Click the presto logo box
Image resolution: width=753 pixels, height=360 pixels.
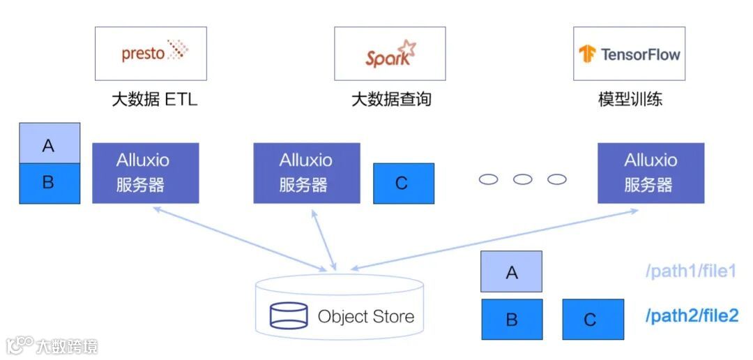(x=151, y=53)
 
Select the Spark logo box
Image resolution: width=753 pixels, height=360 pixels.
(x=390, y=53)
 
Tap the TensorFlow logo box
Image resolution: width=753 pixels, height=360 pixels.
(x=629, y=53)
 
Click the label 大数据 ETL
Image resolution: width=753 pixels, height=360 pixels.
(x=154, y=99)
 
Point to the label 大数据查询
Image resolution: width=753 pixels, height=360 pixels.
(x=390, y=99)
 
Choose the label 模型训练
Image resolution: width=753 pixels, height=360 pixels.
(x=630, y=99)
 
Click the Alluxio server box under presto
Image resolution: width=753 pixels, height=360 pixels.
(x=145, y=173)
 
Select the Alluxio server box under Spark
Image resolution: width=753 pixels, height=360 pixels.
(x=306, y=173)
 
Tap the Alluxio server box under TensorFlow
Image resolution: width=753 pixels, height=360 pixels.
(x=651, y=173)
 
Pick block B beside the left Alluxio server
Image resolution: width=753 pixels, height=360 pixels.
(x=50, y=183)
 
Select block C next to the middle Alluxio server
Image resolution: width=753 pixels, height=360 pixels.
(x=403, y=183)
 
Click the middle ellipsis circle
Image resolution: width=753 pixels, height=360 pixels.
(x=522, y=179)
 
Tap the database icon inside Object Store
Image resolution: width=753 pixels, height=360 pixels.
(x=289, y=316)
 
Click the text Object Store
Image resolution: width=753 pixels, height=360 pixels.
(x=365, y=316)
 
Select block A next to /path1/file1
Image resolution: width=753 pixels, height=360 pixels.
(x=511, y=271)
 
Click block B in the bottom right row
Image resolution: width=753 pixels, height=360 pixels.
(x=511, y=319)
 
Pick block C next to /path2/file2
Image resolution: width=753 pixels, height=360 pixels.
(x=593, y=319)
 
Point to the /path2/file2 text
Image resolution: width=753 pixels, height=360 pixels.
(x=691, y=316)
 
